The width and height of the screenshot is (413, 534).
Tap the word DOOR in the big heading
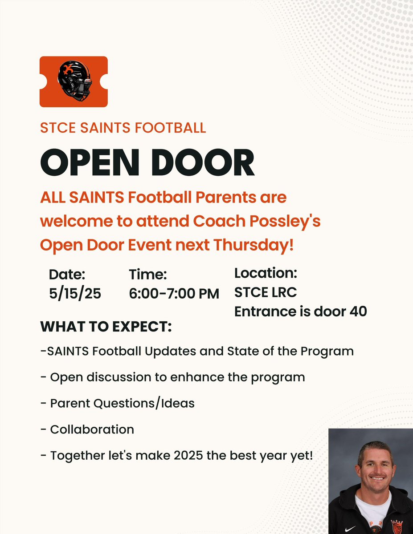tap(203, 163)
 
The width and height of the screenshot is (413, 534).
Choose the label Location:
tap(266, 273)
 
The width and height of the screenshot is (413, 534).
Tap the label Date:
tap(67, 275)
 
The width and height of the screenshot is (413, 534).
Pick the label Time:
tap(147, 275)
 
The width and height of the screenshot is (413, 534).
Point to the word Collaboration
tap(92, 429)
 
